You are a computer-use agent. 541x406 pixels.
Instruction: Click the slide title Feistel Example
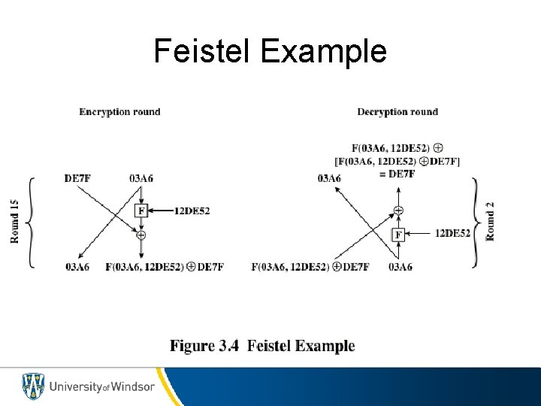pyautogui.click(x=270, y=51)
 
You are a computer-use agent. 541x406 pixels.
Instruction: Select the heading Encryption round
pyautogui.click(x=119, y=112)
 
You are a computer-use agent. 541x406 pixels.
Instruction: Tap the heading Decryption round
pyautogui.click(x=397, y=112)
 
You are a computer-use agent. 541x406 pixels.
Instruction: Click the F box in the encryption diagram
pyautogui.click(x=141, y=211)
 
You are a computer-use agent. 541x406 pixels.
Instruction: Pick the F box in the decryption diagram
pyautogui.click(x=398, y=235)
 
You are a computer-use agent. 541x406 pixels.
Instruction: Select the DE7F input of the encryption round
pyautogui.click(x=78, y=178)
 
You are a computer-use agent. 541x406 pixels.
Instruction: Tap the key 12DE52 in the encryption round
pyautogui.click(x=192, y=211)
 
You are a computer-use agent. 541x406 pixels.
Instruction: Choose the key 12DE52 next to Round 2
pyautogui.click(x=452, y=234)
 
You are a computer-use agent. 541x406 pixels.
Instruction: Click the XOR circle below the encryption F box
pyautogui.click(x=141, y=235)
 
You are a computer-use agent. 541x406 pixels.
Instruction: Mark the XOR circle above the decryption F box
pyautogui.click(x=398, y=210)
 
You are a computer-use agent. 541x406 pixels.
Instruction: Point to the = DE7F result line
pyautogui.click(x=397, y=174)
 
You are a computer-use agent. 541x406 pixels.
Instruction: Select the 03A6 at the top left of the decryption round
pyautogui.click(x=329, y=178)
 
